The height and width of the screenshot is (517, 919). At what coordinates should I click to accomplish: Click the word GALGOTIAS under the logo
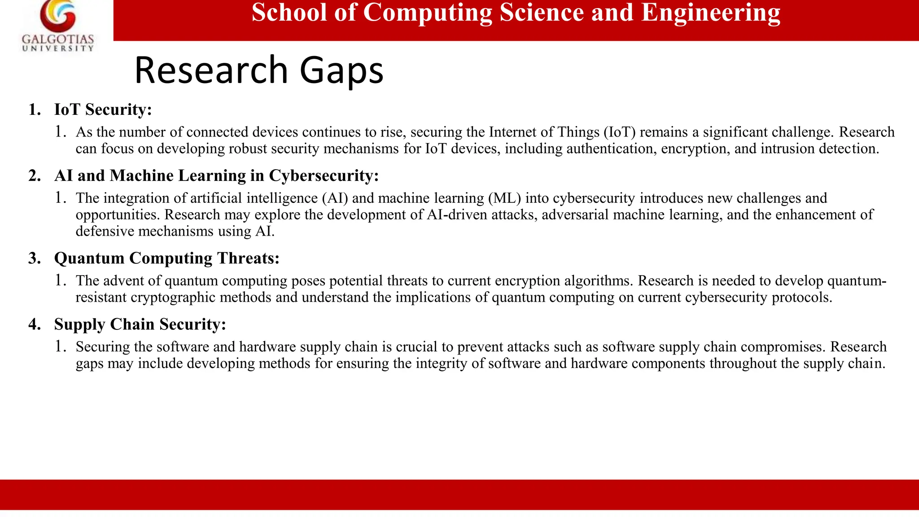click(58, 39)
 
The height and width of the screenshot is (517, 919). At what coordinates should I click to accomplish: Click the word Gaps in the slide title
click(341, 70)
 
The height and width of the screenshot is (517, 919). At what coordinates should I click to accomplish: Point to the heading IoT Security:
click(103, 110)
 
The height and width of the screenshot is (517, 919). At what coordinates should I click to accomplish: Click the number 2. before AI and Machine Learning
click(35, 175)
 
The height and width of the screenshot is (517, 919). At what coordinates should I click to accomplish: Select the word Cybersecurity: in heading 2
click(324, 175)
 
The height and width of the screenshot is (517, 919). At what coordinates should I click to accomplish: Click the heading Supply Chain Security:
click(140, 324)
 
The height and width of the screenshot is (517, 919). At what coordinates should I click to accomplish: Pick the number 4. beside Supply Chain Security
click(35, 324)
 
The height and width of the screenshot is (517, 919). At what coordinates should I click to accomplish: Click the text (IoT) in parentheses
click(619, 132)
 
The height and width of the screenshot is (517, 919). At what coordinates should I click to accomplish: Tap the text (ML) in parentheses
click(504, 198)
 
